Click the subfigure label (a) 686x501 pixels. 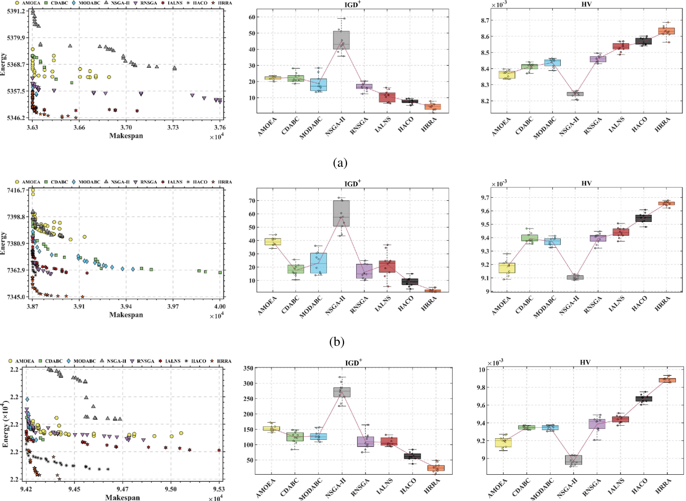[x=340, y=163]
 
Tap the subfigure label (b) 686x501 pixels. [x=337, y=342]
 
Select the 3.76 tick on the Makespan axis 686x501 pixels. [x=220, y=127]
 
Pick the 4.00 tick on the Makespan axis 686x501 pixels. [x=220, y=306]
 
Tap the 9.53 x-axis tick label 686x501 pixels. [x=219, y=489]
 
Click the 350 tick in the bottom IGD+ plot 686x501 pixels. [x=248, y=368]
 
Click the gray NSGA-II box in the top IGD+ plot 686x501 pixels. [x=341, y=40]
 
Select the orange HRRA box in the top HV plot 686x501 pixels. [x=667, y=31]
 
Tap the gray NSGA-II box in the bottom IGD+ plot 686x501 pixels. [x=341, y=392]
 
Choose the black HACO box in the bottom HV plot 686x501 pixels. [x=644, y=399]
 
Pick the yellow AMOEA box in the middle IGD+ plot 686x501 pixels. [x=273, y=242]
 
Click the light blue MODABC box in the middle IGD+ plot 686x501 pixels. [x=318, y=263]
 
